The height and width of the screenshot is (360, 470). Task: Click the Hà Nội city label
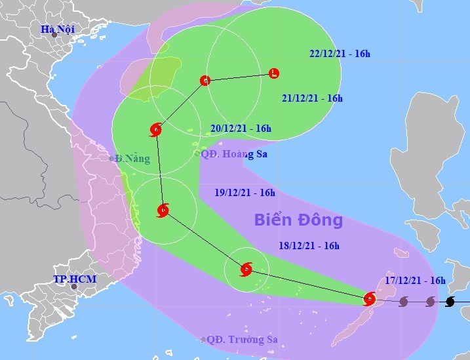coord(58,30)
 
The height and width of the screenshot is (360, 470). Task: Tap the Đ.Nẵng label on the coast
coord(132,159)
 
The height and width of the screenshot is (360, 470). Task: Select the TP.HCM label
coord(75,279)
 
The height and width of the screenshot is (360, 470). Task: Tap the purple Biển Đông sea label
coord(298,220)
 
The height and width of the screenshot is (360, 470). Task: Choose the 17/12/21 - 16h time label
coord(415,281)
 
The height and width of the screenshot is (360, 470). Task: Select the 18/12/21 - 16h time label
coord(308,246)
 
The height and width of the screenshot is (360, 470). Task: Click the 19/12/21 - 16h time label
coord(245,193)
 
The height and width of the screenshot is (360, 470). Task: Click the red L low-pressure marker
coord(274,73)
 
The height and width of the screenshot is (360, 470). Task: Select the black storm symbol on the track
coord(450,302)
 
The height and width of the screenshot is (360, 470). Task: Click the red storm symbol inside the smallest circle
coord(246,269)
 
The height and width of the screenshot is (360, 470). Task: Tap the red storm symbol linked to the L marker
coord(205,81)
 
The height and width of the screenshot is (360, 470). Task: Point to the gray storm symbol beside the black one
coord(430,302)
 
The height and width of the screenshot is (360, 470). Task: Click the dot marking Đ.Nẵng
coord(111,159)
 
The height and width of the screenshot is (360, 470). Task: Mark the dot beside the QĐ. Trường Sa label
coord(203,340)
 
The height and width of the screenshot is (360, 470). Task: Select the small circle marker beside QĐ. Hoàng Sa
coord(197,153)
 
